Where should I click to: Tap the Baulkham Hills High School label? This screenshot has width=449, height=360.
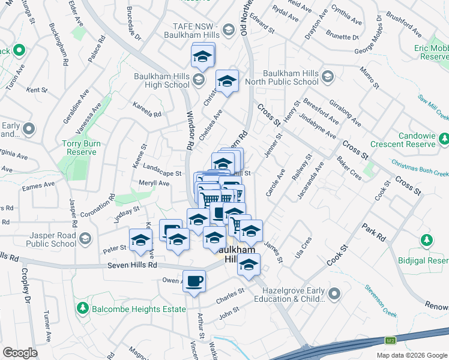[161, 80]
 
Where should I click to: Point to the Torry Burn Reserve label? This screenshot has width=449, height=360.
[79, 148]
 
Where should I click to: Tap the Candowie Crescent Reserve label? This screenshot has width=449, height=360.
[402, 140]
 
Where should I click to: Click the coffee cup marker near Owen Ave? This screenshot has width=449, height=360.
[194, 282]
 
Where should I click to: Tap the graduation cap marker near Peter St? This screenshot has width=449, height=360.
[140, 240]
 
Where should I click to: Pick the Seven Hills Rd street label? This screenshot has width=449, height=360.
[132, 265]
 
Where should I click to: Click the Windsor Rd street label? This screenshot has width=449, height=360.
[190, 128]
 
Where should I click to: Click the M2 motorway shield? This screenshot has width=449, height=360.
[391, 341]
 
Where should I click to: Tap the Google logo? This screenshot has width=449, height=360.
[20, 353]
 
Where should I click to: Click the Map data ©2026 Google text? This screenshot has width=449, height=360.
[411, 355]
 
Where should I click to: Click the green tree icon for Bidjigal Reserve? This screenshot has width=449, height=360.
[427, 241]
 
